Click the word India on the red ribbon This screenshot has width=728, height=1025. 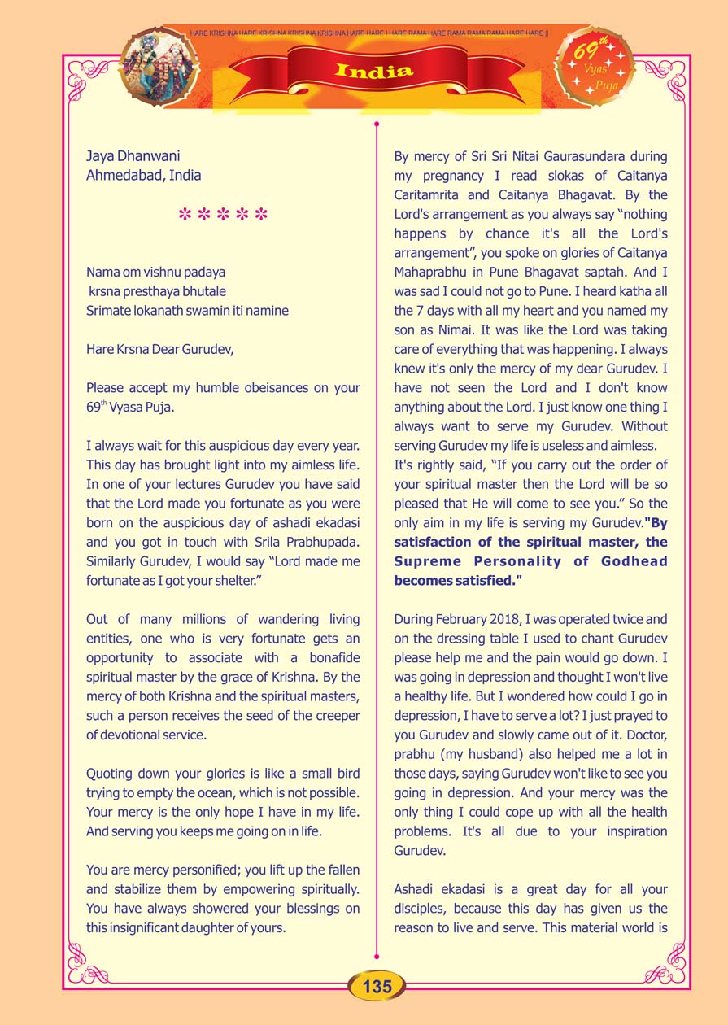(x=373, y=71)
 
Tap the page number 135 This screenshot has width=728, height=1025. (x=377, y=987)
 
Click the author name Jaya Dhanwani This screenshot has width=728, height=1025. (x=133, y=155)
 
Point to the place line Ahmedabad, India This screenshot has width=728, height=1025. (x=143, y=175)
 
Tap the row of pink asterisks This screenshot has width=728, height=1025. (x=222, y=216)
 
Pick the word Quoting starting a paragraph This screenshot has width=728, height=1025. (x=115, y=773)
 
